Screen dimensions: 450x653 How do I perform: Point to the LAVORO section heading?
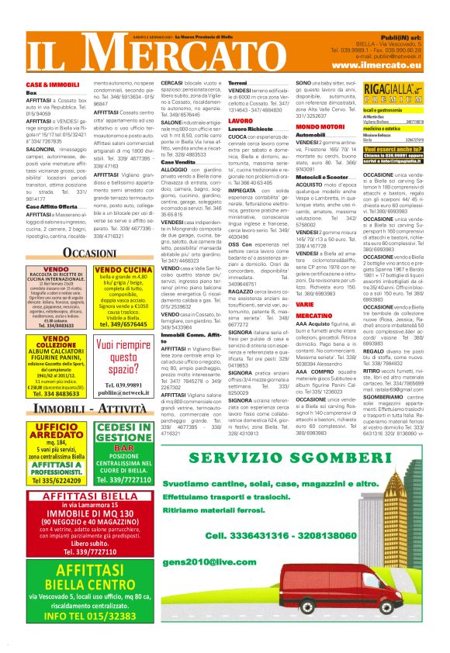[241, 121]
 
